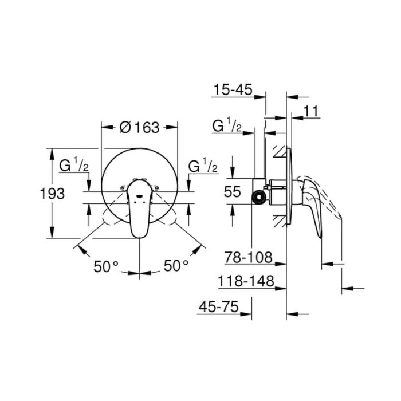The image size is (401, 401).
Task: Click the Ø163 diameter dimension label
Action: point(139,127)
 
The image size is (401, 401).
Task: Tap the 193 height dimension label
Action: point(53,194)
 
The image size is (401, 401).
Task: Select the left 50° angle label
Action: point(106,266)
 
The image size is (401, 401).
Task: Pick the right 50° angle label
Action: point(176,265)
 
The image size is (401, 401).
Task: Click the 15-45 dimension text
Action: point(233,89)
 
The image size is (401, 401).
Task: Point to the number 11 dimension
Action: point(311,111)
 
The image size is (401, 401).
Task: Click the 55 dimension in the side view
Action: point(232,191)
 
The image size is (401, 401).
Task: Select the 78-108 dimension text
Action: point(248,257)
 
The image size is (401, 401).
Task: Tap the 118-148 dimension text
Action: point(246,281)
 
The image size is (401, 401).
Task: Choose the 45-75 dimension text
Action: point(219,306)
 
